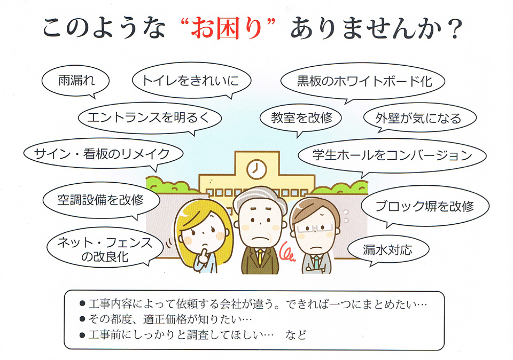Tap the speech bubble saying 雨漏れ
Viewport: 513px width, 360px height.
pos(75,81)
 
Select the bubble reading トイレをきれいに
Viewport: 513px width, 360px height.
pos(191,81)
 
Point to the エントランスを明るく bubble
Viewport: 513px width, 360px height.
pos(150,118)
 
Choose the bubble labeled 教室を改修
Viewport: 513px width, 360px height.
pos(301,119)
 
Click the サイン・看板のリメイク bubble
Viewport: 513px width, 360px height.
pos(103,154)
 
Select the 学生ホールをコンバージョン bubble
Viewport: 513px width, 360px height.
pos(392,155)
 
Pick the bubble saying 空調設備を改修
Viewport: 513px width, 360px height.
pos(101,200)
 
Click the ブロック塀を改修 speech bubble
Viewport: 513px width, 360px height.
pos(425,206)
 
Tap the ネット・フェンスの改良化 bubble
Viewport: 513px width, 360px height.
pos(105,249)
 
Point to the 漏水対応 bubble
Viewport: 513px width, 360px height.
pos(388,250)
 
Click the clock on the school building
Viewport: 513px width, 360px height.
pos(256,169)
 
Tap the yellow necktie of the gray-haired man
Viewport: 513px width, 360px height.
pos(260,257)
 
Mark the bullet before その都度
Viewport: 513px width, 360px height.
pos(82,319)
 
